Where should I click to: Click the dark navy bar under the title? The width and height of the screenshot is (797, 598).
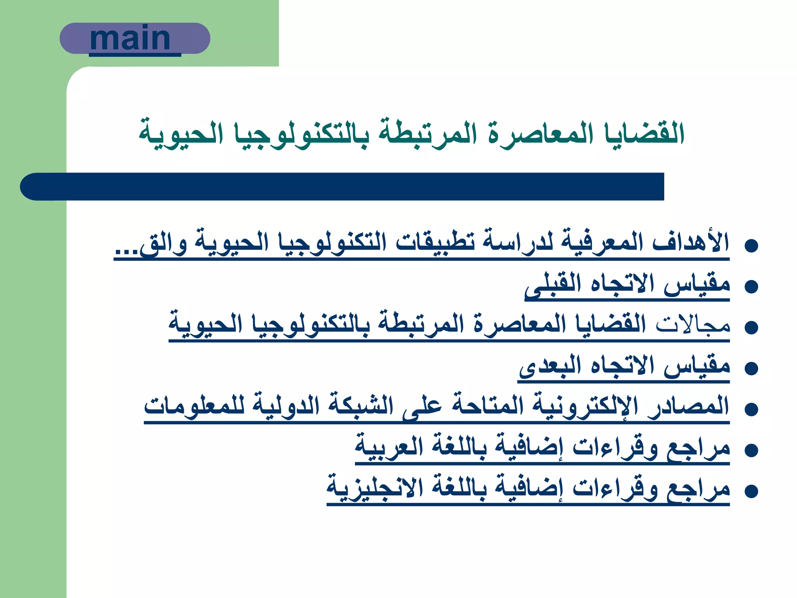click(x=342, y=187)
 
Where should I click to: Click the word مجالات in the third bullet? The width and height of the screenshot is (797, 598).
click(x=693, y=325)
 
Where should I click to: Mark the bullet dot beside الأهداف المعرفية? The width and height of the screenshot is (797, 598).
click(x=751, y=246)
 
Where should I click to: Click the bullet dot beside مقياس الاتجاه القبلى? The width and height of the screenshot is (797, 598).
click(x=751, y=287)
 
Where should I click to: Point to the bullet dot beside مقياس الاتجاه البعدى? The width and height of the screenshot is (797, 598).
click(x=751, y=368)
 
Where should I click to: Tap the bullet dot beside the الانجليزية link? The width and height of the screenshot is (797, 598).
click(x=751, y=491)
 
